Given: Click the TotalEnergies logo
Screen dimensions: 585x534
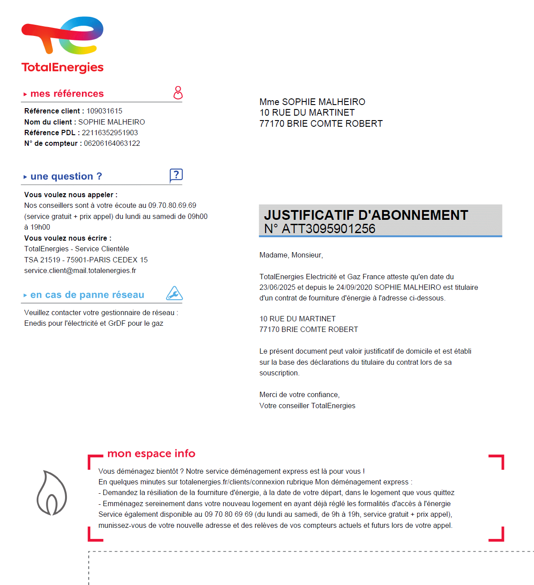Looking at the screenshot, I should coord(62,44).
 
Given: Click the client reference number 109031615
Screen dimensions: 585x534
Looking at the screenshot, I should coord(104,111).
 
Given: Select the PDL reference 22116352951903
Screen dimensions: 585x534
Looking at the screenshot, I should coord(110,133).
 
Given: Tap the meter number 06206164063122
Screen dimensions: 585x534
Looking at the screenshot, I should coord(112,144).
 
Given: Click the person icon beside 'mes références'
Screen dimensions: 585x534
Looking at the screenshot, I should coord(178,93).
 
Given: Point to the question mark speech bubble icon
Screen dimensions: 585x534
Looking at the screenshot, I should coord(176,175).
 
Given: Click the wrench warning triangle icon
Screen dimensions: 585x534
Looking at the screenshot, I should coord(174,293).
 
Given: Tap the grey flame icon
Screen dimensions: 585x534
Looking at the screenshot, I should coord(52,493).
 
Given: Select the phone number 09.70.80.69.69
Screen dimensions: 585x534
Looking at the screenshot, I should coord(172,206).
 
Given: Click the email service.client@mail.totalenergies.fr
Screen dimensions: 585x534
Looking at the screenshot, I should coord(80,271).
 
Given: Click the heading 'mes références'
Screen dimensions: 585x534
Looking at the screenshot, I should coord(67,94).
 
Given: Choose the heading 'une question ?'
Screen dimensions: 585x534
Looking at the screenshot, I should coord(66,176).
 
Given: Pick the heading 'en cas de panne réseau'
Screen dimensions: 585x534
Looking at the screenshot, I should coord(87,295).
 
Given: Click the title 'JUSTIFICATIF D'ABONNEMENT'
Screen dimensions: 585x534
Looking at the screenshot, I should coord(366,215).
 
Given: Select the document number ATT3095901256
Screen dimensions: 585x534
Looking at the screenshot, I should coord(329,229).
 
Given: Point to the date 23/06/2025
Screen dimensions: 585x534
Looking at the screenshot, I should coord(277,288).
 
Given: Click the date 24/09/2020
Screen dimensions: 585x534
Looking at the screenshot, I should coord(354,288).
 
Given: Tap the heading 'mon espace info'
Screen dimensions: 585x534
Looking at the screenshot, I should coord(151,454).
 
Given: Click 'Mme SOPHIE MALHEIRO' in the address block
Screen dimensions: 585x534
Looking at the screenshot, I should coord(312,102).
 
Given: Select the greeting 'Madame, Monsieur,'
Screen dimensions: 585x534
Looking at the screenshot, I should coord(291,255).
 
